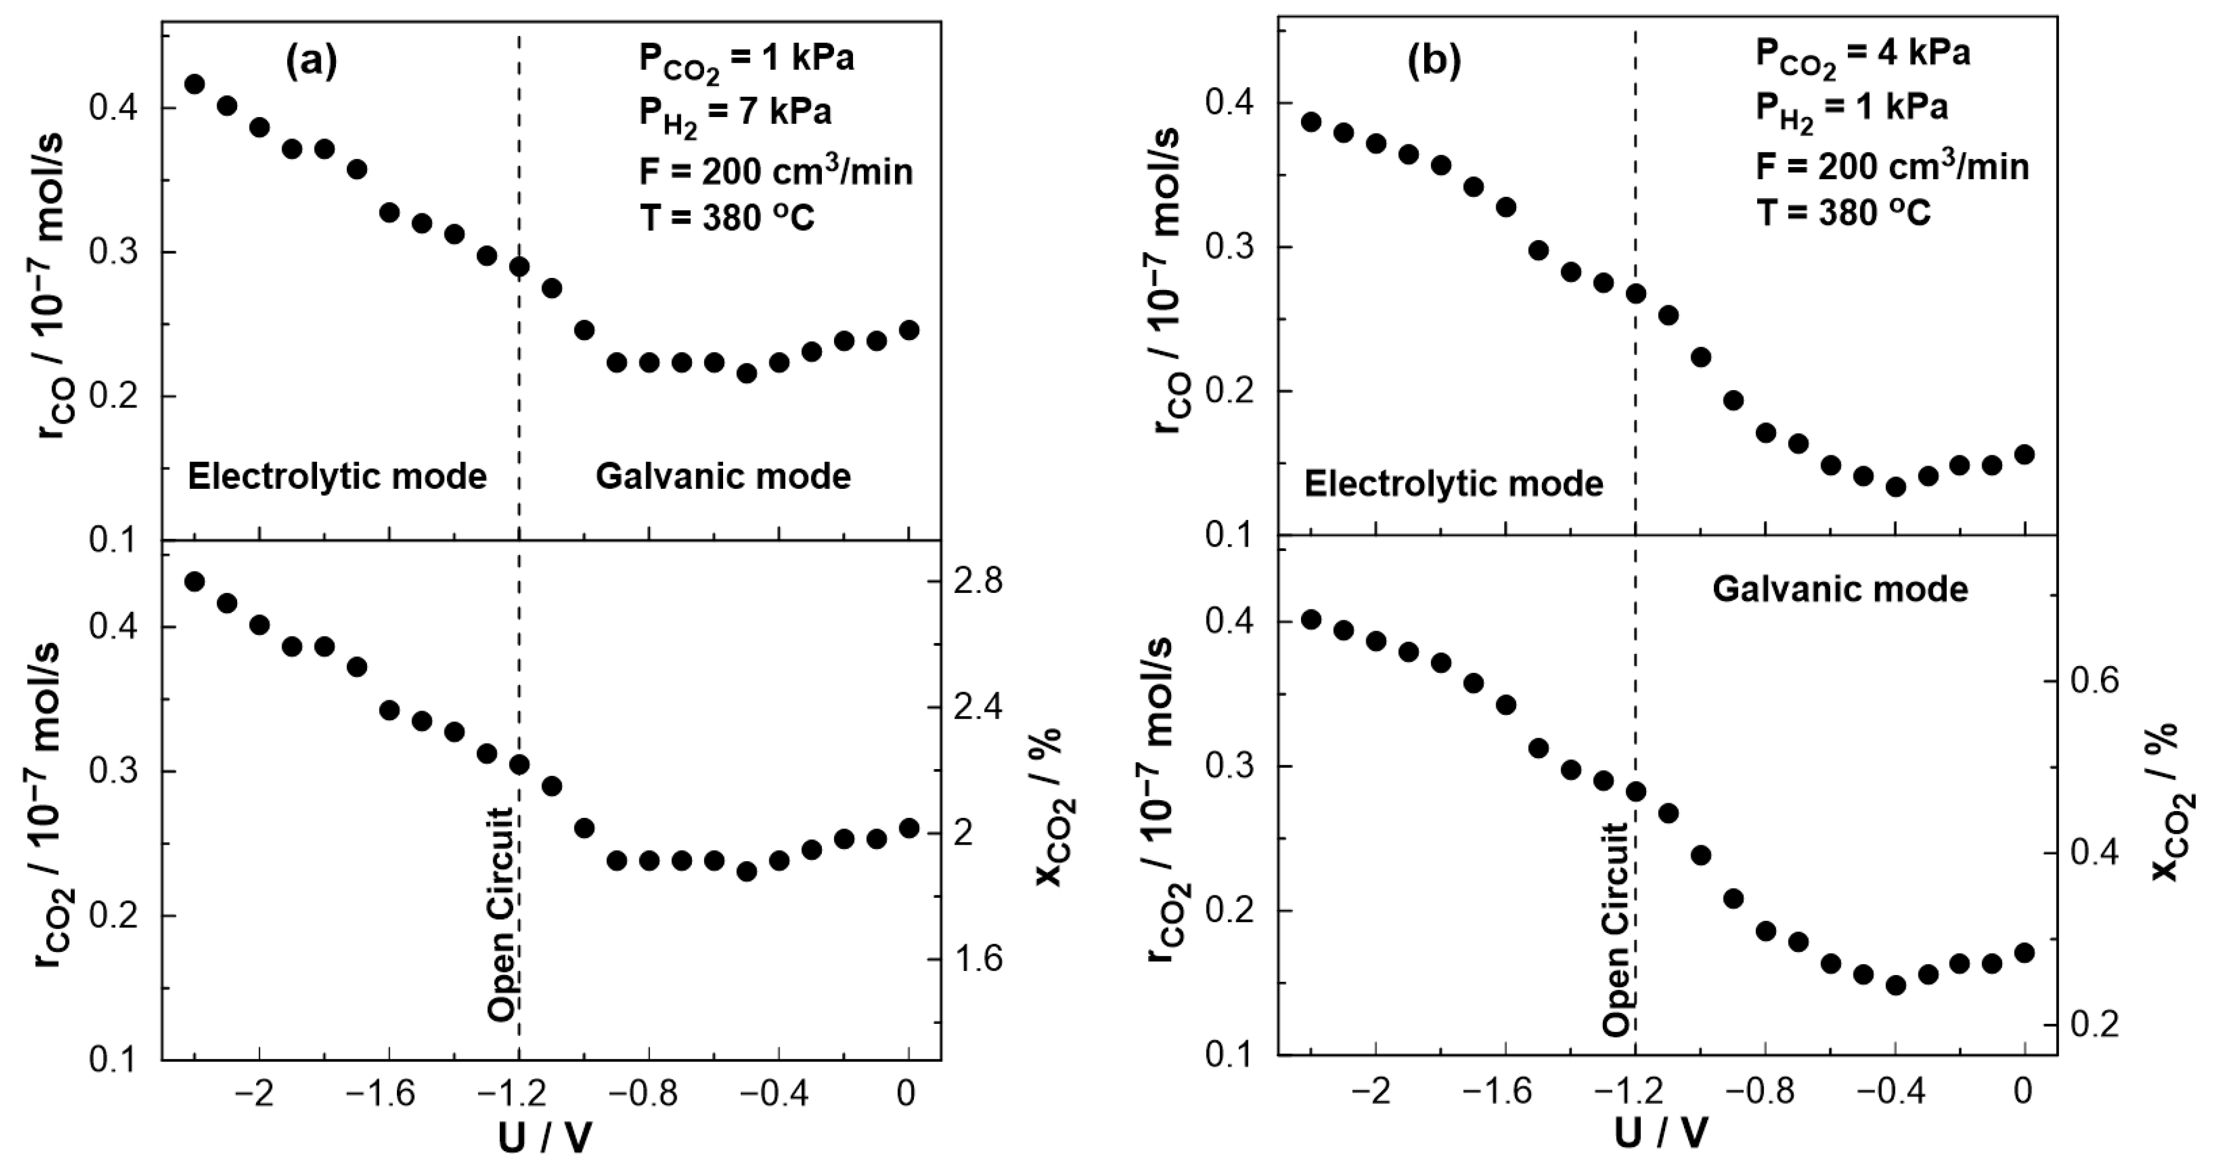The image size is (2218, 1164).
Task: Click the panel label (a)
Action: (x=311, y=61)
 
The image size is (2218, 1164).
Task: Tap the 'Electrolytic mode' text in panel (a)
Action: (x=338, y=476)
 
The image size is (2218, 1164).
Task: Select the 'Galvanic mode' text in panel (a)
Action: (x=723, y=476)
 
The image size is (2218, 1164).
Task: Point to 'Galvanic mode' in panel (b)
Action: (x=1840, y=589)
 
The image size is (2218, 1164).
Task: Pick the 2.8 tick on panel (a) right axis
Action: (x=979, y=582)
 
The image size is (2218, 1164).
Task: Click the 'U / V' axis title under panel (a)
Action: (x=545, y=1138)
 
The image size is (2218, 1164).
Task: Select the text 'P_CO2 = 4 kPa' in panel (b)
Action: (x=1863, y=57)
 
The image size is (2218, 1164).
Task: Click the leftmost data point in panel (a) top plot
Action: (x=194, y=84)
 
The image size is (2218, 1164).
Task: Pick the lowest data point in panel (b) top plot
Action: (x=1895, y=488)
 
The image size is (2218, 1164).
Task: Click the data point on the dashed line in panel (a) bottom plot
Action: (x=519, y=764)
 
